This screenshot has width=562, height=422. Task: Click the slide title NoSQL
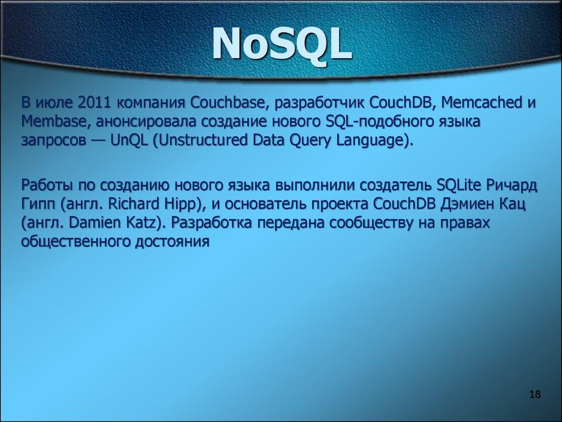[281, 45]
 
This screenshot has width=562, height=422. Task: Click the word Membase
[50, 121]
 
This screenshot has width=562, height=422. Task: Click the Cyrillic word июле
[56, 103]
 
